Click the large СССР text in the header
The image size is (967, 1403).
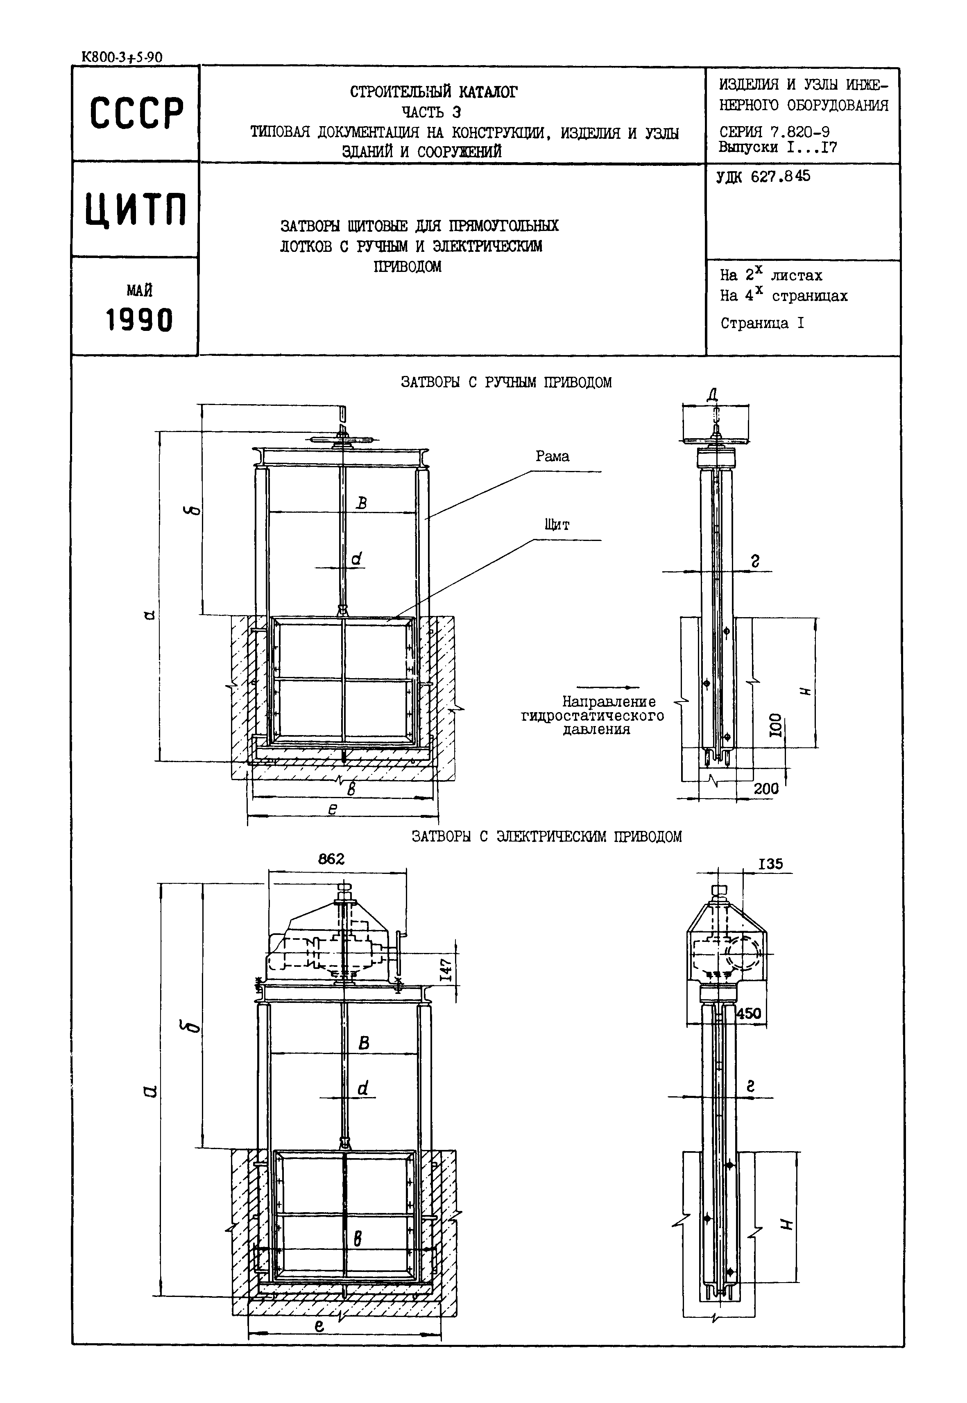(136, 113)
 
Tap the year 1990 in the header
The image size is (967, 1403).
(139, 320)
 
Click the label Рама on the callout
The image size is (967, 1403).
(552, 457)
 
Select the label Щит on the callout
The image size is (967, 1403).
(556, 525)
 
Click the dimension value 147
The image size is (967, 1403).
(446, 972)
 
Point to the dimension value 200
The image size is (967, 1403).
(766, 789)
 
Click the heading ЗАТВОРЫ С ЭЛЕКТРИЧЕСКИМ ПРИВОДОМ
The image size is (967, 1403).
(546, 837)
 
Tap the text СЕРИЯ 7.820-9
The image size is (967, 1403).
(775, 131)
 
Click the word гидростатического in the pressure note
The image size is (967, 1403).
(593, 716)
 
